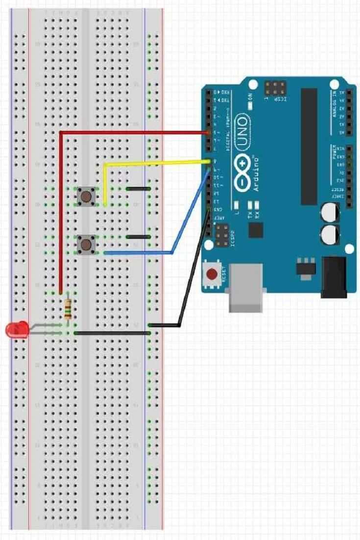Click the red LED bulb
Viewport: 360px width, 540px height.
pos(16,329)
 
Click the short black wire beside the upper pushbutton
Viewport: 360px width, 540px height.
pos(138,189)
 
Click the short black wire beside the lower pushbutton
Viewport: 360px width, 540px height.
pos(138,237)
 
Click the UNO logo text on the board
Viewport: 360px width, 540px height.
pos(242,134)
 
